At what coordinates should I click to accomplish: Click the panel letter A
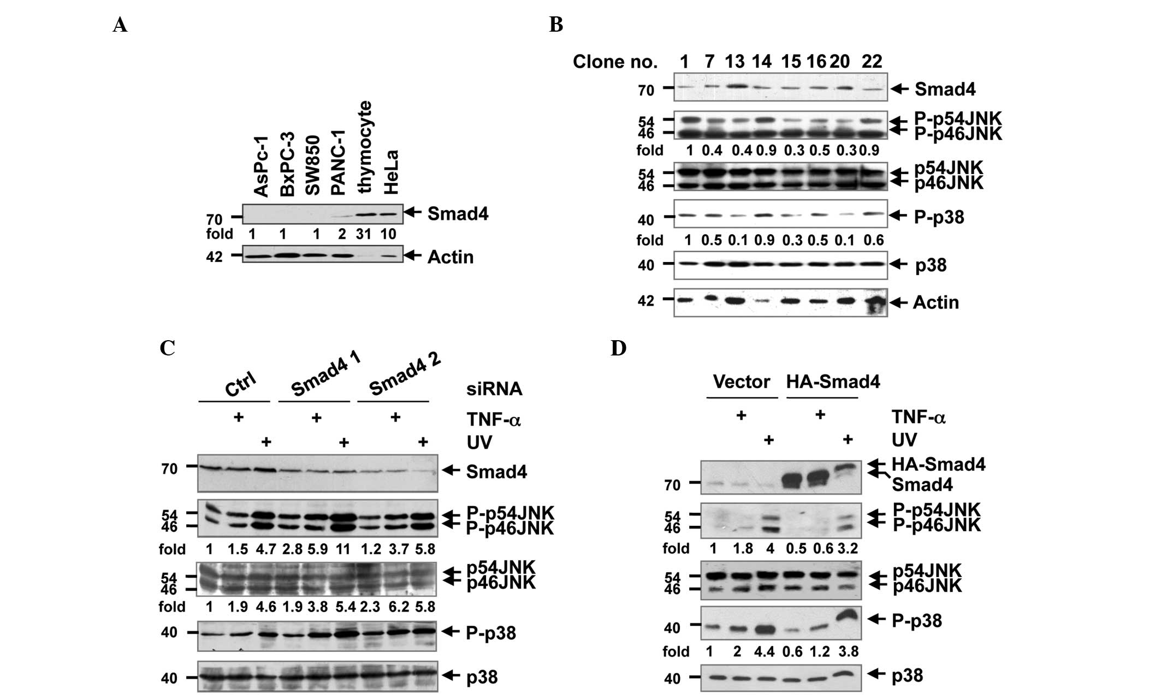[120, 25]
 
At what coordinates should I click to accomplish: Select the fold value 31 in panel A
[364, 234]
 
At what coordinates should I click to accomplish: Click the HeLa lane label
[391, 172]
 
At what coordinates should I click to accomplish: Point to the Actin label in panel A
[450, 257]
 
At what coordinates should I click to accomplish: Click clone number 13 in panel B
[734, 62]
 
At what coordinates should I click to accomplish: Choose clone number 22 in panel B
[872, 62]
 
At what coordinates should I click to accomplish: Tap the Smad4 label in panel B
[945, 89]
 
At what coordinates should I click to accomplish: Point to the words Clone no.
[615, 62]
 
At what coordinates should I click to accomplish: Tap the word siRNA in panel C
[494, 389]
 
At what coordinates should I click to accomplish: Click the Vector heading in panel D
[742, 382]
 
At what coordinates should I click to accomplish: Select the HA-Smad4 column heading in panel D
[833, 382]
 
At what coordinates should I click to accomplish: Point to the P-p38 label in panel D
[916, 621]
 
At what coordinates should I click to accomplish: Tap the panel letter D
[618, 348]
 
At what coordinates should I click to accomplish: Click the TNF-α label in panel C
[493, 419]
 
